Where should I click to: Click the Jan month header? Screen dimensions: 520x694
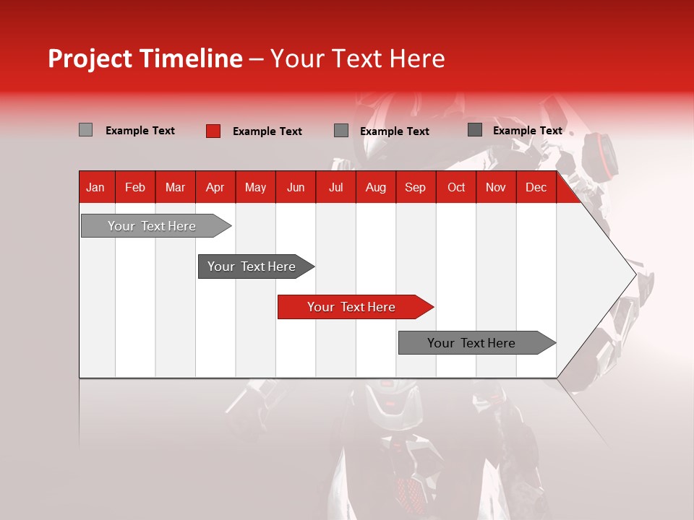(95, 187)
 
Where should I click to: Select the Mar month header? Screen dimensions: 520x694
(175, 187)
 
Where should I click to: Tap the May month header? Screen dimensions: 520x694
(255, 187)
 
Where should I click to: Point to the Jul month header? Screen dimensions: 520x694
(335, 187)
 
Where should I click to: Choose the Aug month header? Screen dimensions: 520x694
(375, 187)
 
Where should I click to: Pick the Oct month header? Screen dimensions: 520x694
(455, 187)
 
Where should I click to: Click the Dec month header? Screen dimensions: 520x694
(536, 187)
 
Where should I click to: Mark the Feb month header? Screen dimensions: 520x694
(135, 187)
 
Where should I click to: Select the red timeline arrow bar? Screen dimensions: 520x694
(354, 307)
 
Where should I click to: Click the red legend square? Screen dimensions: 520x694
(213, 131)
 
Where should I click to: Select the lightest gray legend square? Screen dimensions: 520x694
(85, 130)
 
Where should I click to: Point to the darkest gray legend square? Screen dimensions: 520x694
(475, 130)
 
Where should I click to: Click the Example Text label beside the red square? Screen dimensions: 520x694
(267, 131)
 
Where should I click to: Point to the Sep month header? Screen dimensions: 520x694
(415, 187)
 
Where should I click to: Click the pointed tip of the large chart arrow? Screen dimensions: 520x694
(634, 274)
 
